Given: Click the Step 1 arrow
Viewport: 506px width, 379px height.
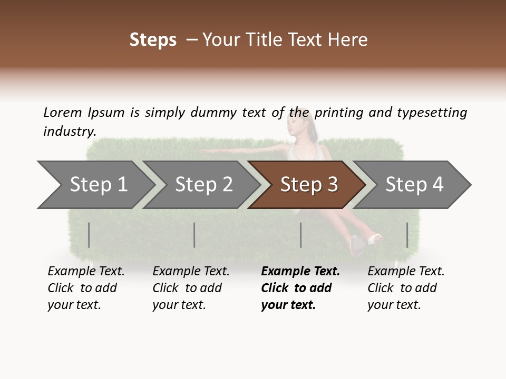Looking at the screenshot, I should (99, 184).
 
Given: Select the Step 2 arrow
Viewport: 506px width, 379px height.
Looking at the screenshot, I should (203, 184).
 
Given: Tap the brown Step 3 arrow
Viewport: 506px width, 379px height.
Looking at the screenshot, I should (309, 184).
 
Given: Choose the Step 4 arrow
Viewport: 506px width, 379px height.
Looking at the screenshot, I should (414, 184).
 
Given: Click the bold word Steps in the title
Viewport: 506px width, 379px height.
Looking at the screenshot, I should (153, 39).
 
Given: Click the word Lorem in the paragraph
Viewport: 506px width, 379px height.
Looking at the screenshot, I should (62, 112).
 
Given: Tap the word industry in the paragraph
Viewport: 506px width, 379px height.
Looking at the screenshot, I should (69, 131).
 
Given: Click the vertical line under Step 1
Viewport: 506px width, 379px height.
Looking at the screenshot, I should (89, 235).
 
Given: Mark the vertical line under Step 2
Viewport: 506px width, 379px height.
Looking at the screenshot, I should (194, 235).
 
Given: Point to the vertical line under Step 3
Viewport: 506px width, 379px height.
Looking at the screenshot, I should (300, 235).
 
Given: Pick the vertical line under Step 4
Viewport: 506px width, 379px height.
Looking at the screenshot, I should (407, 235).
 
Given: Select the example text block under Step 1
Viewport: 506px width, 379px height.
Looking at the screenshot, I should (86, 288).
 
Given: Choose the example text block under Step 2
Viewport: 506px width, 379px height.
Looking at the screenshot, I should (191, 288).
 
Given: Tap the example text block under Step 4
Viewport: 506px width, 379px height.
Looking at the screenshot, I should (406, 288).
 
